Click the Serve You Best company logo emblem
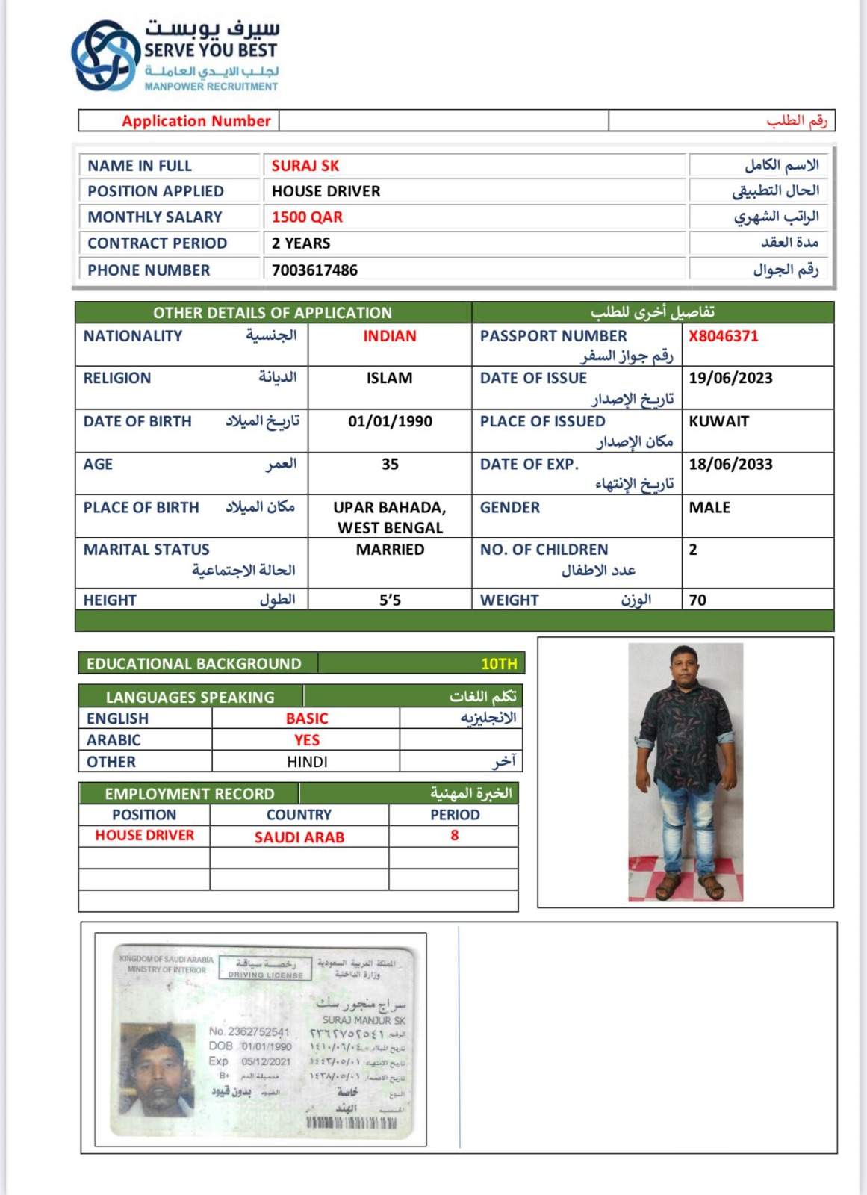click(105, 55)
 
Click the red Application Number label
click(196, 121)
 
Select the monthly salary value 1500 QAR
click(307, 217)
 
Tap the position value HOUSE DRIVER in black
click(326, 191)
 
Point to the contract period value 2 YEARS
click(301, 243)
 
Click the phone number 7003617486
click(314, 270)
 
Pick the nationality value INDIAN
click(389, 336)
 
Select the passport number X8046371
click(723, 336)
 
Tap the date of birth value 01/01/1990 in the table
click(390, 421)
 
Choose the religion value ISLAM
click(389, 378)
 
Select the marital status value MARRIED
click(390, 550)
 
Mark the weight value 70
click(697, 600)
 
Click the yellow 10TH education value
click(498, 664)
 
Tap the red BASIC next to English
click(307, 718)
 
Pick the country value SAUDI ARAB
click(299, 837)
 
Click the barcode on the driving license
click(351, 1123)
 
